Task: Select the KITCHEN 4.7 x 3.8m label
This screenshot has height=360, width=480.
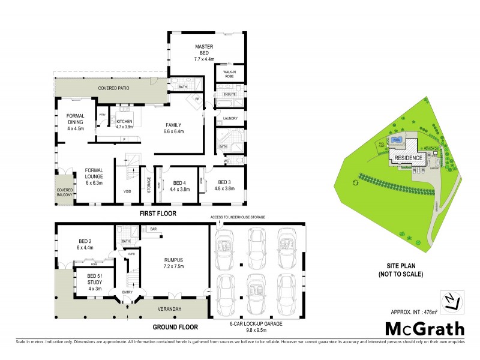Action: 124,124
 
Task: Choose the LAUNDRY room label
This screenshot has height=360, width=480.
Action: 230,118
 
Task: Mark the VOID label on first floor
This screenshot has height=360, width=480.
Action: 127,192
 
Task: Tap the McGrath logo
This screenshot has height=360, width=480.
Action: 424,329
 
